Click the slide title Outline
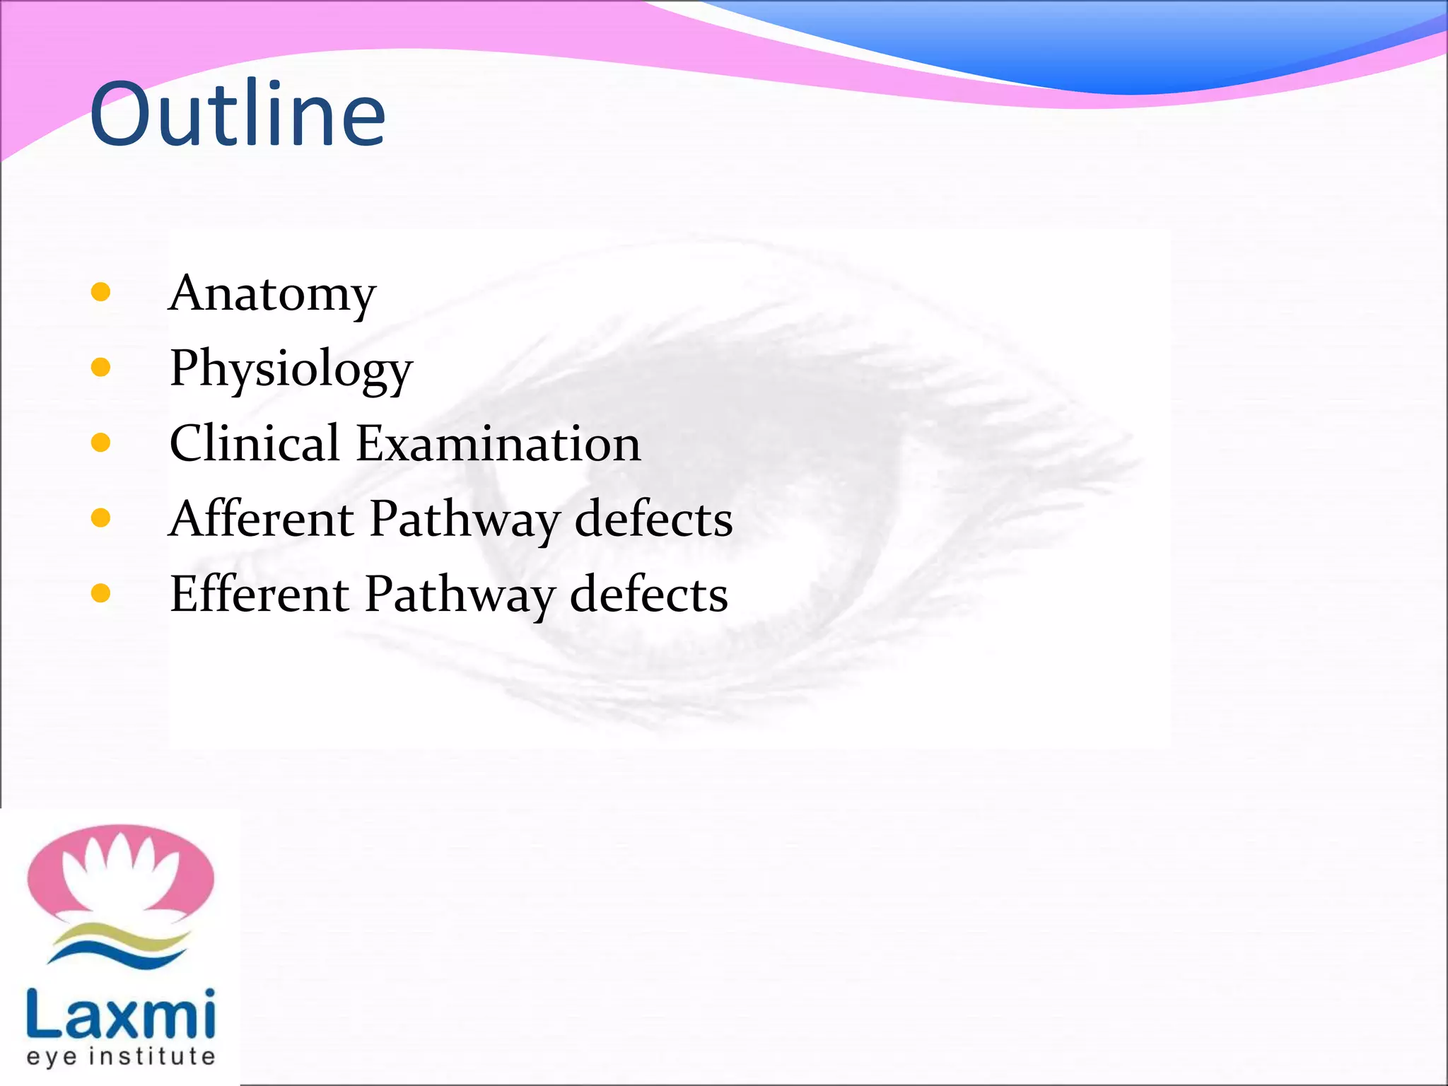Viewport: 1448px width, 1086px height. [238, 115]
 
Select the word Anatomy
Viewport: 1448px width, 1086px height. [272, 293]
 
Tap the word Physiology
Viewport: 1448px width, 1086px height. [291, 369]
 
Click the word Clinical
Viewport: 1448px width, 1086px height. [255, 443]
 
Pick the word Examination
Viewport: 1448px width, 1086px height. [498, 443]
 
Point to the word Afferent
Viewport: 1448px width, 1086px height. [262, 519]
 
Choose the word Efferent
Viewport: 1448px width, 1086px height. [259, 594]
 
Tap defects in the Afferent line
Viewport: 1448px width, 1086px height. [653, 519]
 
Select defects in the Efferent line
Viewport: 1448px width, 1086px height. [648, 594]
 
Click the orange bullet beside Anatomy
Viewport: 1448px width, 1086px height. [101, 292]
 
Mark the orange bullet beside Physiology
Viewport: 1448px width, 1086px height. [101, 367]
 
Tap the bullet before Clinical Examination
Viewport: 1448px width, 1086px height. [101, 443]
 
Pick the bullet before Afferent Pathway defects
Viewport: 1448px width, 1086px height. [101, 518]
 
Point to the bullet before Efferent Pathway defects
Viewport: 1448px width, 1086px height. [101, 593]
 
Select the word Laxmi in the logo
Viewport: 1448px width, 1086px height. [120, 1015]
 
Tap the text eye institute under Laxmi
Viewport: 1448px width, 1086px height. [120, 1057]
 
